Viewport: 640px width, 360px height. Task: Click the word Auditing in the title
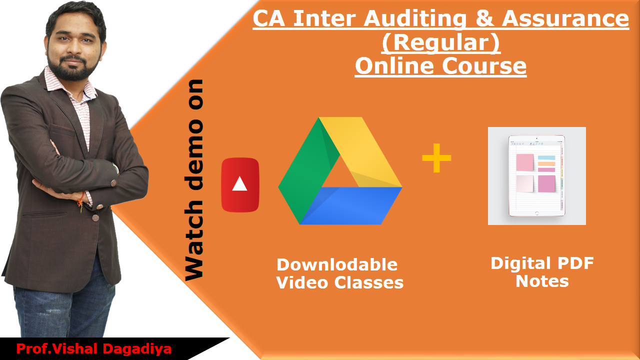(x=415, y=18)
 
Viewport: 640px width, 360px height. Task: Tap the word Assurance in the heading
(x=565, y=18)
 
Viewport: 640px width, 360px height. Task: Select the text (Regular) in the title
(x=441, y=42)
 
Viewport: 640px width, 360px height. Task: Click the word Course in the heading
(x=484, y=66)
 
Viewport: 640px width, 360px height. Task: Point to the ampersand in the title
(x=484, y=18)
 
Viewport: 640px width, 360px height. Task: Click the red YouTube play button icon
(x=240, y=185)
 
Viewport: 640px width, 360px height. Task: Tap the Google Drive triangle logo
(x=340, y=170)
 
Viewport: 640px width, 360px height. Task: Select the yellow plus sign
(x=436, y=158)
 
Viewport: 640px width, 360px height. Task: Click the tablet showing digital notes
(x=536, y=175)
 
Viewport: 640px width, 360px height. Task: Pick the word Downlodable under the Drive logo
(x=337, y=264)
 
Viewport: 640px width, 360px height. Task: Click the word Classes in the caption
(x=369, y=282)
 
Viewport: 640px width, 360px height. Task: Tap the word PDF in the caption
(x=575, y=263)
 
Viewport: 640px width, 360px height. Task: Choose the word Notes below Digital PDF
(x=542, y=281)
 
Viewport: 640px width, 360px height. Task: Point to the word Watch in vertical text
(x=194, y=240)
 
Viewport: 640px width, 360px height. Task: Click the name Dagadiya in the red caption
(x=137, y=349)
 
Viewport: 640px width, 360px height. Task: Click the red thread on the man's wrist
(x=81, y=201)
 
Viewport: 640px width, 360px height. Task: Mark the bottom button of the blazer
(x=95, y=218)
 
